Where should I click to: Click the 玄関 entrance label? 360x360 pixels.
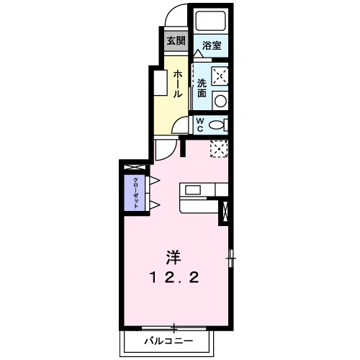[x=175, y=40]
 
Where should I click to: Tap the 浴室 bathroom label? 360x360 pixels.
[x=211, y=45]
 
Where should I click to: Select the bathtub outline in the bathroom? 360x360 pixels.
[x=211, y=22]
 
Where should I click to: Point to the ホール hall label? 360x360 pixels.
[x=176, y=83]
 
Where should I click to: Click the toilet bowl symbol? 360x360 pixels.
[x=217, y=125]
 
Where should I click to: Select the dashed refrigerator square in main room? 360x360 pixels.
[x=220, y=149]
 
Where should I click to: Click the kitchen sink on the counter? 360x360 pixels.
[x=194, y=189]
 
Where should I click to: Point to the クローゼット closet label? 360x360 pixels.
[x=135, y=192]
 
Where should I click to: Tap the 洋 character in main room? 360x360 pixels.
[x=174, y=256]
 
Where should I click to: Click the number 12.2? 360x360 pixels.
[x=174, y=277]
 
